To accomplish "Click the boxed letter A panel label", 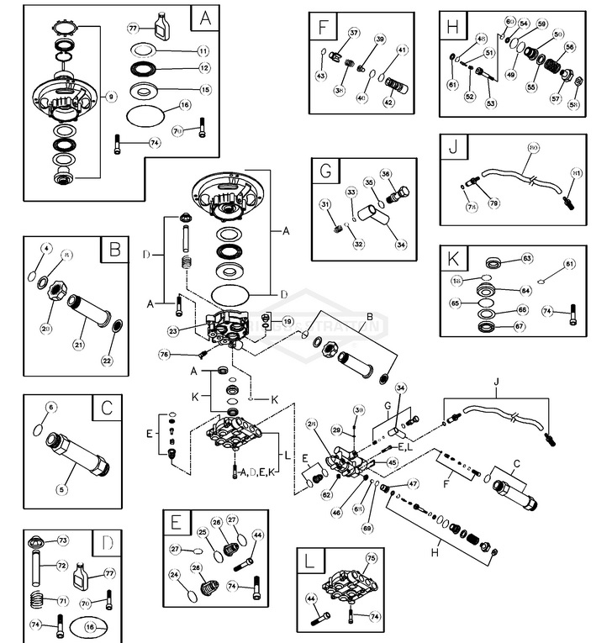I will coord(203,17).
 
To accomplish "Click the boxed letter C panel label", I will coord(106,408).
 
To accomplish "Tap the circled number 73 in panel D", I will coord(61,540).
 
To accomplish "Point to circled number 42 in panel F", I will coord(388,102).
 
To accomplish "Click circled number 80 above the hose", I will coord(533,146).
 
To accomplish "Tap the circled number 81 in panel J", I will coord(578,174).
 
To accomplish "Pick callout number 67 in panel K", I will coord(519,326).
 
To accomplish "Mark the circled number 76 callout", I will coord(164,356).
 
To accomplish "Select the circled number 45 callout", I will coord(392,462).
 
